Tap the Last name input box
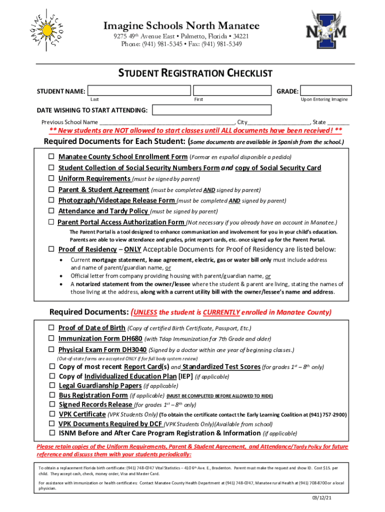(138, 90)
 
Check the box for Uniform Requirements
(51, 178)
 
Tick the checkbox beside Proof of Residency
(51, 249)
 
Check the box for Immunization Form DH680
(51, 338)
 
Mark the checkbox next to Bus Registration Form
(52, 395)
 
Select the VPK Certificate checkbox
(52, 414)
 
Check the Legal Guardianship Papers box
(52, 385)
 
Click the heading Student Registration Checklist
(195, 74)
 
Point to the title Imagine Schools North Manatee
(181, 25)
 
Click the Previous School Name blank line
(167, 122)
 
